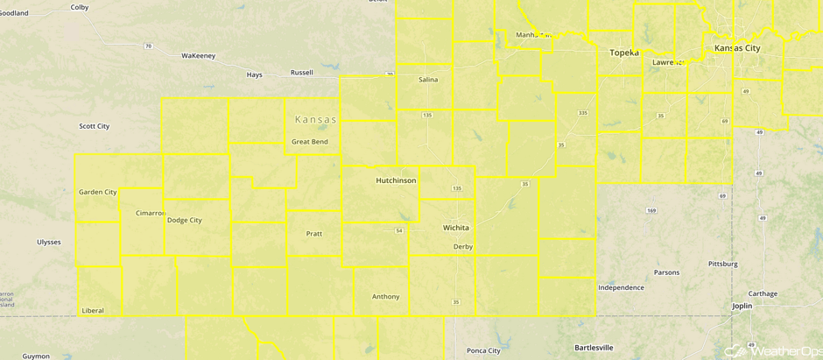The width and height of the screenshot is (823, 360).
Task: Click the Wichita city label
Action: click(x=455, y=228)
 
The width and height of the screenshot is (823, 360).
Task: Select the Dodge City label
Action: click(x=184, y=220)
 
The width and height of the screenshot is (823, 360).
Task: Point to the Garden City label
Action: click(x=97, y=192)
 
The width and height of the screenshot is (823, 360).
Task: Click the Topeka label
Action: click(x=624, y=53)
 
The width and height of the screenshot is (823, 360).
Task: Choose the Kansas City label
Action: click(x=737, y=48)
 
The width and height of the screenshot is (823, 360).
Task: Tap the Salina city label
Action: click(x=428, y=80)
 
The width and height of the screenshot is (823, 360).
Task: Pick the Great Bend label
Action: click(x=310, y=142)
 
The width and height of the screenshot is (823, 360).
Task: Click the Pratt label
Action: click(x=314, y=234)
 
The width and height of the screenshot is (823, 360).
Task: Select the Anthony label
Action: click(x=385, y=297)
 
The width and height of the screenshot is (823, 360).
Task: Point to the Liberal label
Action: click(x=92, y=310)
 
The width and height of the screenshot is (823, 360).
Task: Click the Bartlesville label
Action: click(x=594, y=348)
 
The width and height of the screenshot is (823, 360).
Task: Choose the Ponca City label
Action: click(x=483, y=350)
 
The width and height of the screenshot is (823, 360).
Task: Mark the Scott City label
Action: click(x=94, y=126)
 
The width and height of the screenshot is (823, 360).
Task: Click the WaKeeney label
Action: click(x=198, y=55)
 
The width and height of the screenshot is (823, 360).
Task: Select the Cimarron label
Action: click(x=150, y=213)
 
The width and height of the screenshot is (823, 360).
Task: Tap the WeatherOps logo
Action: click(x=771, y=350)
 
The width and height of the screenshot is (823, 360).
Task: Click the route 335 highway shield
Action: click(x=582, y=112)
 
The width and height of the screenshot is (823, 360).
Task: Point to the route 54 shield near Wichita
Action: click(x=398, y=230)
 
